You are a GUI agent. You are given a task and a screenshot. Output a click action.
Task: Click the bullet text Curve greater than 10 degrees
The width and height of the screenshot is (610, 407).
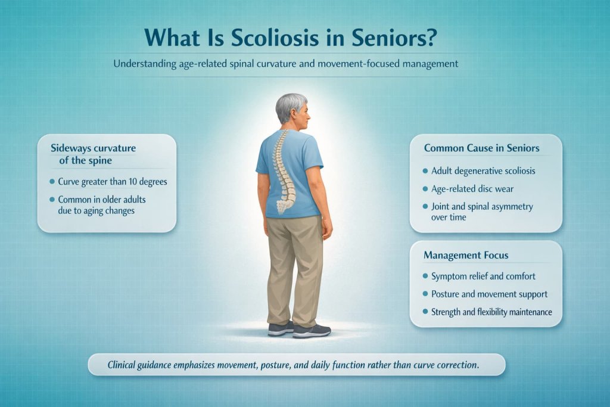coord(113,182)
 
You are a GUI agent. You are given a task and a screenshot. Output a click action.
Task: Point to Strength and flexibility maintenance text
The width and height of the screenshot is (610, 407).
coord(491,312)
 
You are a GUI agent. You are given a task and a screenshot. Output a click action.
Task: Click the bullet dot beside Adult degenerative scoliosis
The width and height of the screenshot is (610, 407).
coord(424,171)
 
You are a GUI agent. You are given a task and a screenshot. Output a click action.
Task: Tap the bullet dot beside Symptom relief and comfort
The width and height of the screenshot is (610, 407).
coord(424,276)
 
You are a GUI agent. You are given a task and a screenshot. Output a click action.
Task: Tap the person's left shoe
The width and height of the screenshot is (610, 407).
coord(281,328)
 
